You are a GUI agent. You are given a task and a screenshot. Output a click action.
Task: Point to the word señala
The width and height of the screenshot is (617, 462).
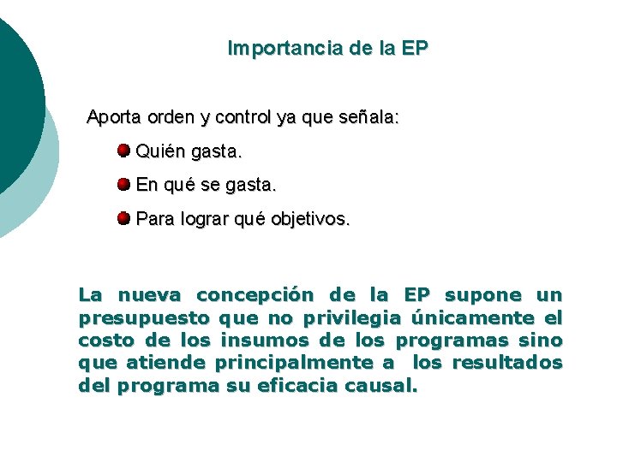(x=368, y=117)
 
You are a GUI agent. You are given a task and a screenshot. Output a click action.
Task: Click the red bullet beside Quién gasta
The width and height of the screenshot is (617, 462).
(x=123, y=151)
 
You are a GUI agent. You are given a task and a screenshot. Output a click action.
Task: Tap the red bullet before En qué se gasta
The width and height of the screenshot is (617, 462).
(x=123, y=184)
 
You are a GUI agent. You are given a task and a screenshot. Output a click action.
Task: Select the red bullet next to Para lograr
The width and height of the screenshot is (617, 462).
(x=123, y=218)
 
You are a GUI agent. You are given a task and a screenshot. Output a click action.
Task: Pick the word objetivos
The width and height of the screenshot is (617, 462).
(x=310, y=219)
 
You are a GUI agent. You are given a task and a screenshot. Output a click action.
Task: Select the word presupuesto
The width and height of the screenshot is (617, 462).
(x=144, y=318)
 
